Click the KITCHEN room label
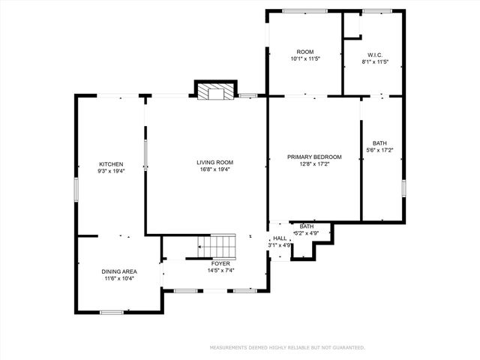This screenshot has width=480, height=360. [x=111, y=164]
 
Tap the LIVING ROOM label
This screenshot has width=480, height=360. [x=215, y=162]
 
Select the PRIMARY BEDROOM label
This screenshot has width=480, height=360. [x=314, y=157]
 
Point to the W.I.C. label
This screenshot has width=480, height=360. [x=374, y=54]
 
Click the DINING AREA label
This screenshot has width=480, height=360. [x=119, y=271]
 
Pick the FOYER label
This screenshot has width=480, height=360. [x=220, y=264]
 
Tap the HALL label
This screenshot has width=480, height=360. [x=280, y=238]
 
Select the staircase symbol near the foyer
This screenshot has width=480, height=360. [x=217, y=245]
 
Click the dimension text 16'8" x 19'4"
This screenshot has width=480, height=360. [x=215, y=169]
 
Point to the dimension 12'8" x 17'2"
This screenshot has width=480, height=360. [x=314, y=163]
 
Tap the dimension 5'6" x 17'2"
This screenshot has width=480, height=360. [x=380, y=150]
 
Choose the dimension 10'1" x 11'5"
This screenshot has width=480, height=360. [x=305, y=58]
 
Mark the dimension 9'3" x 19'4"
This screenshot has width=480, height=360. [x=111, y=171]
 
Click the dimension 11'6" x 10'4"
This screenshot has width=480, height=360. [x=119, y=279]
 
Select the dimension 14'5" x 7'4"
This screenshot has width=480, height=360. [x=220, y=271]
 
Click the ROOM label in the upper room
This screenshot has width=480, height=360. [x=304, y=52]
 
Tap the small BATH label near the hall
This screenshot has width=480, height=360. [x=307, y=226]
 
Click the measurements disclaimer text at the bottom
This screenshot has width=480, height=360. [x=287, y=348]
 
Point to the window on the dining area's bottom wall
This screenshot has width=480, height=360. [x=112, y=312]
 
